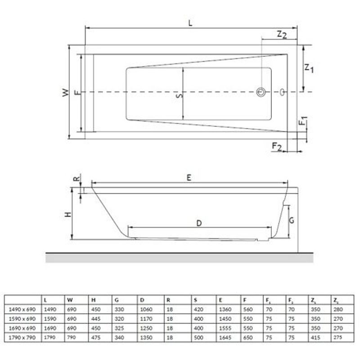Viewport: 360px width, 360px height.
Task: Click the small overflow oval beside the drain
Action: [282, 92]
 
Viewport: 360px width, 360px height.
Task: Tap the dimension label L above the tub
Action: [190, 23]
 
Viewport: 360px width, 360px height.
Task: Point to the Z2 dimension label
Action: [281, 34]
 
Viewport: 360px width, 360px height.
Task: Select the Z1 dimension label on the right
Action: [309, 68]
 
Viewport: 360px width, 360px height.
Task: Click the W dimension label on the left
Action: [66, 92]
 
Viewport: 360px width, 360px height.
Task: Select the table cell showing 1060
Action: [146, 309]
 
